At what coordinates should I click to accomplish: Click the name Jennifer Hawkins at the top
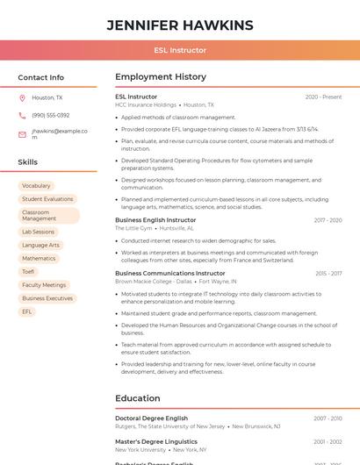click(180, 25)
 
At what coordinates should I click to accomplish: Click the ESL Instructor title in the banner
click(180, 51)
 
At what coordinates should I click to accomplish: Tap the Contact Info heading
click(41, 77)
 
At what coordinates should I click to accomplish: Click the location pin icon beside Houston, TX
click(22, 98)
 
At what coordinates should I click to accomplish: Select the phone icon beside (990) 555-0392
click(22, 115)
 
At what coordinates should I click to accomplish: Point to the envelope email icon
click(22, 134)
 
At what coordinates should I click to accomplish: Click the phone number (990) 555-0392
click(51, 115)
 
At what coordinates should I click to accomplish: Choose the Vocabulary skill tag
click(36, 186)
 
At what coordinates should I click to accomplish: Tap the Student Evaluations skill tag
click(47, 199)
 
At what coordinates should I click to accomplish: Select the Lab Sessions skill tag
click(38, 232)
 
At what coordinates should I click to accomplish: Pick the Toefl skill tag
click(28, 272)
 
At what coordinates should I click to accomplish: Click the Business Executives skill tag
click(47, 298)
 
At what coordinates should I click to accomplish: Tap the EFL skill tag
click(27, 311)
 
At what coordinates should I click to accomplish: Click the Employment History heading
click(161, 77)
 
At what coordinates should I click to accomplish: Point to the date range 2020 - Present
click(323, 97)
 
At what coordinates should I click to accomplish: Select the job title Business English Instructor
click(155, 220)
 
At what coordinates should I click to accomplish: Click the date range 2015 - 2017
click(328, 273)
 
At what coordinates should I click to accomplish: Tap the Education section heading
click(137, 398)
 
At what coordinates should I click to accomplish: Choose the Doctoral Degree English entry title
click(152, 418)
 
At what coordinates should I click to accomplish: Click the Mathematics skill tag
click(39, 259)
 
